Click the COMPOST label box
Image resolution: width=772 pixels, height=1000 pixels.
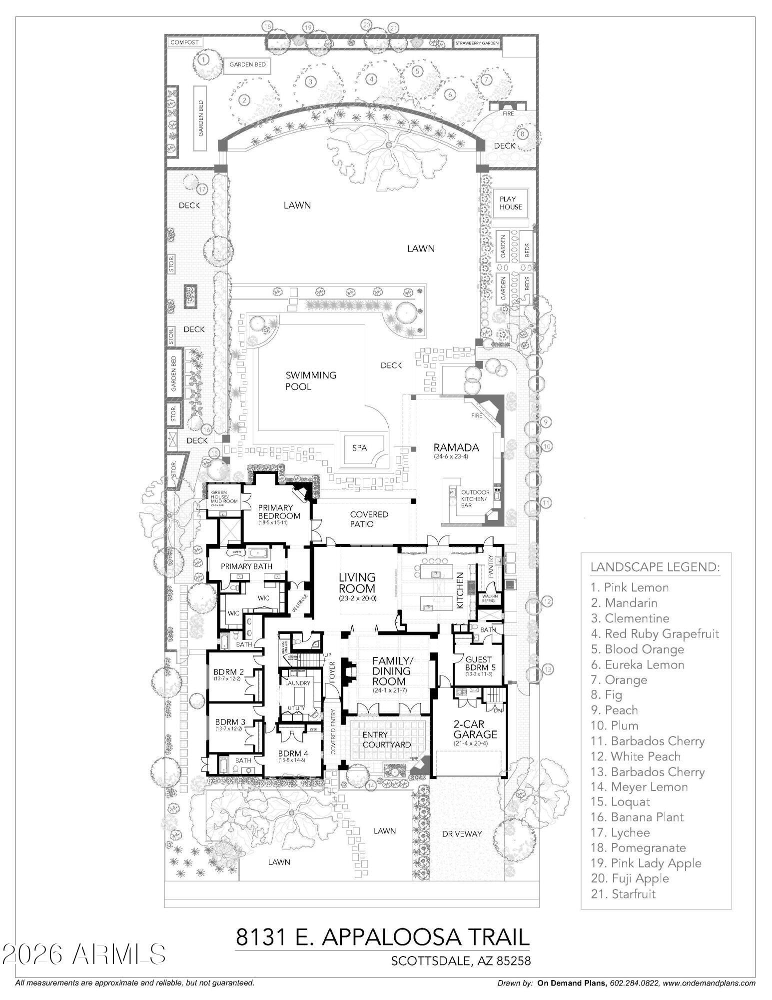(x=184, y=42)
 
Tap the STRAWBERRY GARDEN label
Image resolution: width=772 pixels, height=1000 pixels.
(x=477, y=43)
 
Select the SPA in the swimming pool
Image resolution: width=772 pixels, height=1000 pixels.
(x=360, y=447)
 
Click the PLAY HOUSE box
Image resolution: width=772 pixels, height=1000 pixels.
(x=510, y=203)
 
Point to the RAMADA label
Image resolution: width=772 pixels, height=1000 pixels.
(x=456, y=447)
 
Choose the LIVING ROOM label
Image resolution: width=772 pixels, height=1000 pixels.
(x=357, y=583)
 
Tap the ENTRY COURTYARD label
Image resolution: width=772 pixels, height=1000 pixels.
(x=386, y=739)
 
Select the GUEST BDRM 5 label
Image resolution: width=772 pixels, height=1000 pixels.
(x=478, y=663)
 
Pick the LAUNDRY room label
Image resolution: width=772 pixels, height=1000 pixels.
(x=298, y=683)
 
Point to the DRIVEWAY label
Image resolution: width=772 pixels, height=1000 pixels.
(x=462, y=833)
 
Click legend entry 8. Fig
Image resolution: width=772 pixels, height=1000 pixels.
(x=606, y=694)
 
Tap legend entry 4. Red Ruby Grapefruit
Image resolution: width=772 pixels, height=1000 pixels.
(x=655, y=633)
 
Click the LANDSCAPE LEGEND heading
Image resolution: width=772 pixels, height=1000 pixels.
(x=655, y=567)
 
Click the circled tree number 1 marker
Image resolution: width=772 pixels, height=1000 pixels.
(x=203, y=59)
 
